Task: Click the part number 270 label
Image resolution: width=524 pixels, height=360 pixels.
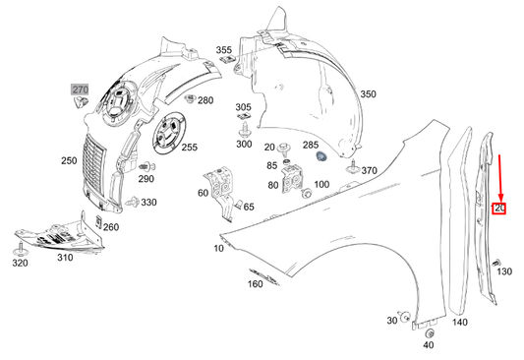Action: (x=80, y=90)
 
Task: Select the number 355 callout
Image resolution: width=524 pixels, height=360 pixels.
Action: (x=224, y=49)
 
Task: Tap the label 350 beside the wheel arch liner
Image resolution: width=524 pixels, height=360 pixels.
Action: (x=368, y=94)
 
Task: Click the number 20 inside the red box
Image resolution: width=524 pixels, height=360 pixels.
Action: (x=499, y=208)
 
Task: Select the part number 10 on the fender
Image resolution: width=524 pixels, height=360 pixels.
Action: (x=217, y=250)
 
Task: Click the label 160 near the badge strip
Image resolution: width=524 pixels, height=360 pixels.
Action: (x=255, y=285)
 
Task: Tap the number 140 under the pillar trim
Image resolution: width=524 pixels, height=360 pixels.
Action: (x=459, y=323)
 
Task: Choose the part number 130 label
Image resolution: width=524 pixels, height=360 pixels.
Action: (x=504, y=271)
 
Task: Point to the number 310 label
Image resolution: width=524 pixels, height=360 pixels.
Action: (x=64, y=258)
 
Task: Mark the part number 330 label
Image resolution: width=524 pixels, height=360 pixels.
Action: (x=147, y=202)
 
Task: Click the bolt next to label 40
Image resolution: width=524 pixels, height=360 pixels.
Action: (x=428, y=331)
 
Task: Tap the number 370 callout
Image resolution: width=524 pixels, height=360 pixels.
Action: (x=369, y=171)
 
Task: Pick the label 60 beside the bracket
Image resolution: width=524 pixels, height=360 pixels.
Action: (x=203, y=193)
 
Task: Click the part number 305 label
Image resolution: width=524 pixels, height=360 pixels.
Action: (x=243, y=107)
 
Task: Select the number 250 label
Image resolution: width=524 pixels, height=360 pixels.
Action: (x=68, y=159)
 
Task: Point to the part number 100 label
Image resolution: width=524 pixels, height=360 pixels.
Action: (x=321, y=185)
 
